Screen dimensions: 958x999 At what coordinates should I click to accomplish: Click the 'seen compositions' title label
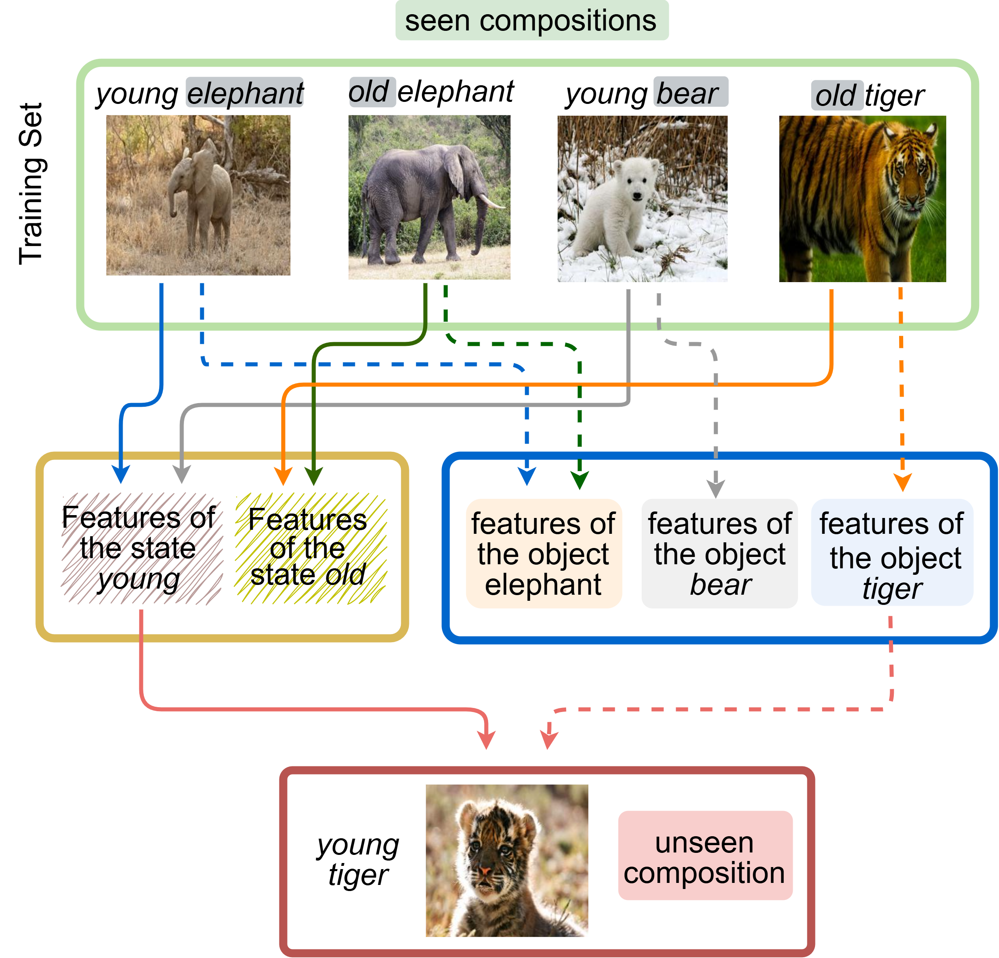[x=532, y=21]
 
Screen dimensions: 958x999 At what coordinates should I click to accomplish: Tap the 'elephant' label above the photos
[x=244, y=93]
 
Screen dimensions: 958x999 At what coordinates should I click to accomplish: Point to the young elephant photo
[x=198, y=195]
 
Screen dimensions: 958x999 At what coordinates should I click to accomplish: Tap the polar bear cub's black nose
[x=637, y=196]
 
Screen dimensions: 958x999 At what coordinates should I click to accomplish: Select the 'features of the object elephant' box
[x=543, y=553]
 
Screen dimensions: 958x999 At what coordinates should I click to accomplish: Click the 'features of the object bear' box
[x=719, y=553]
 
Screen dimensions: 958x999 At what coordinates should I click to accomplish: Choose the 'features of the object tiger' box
[x=892, y=553]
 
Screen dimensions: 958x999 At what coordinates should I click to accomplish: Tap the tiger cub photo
[x=507, y=860]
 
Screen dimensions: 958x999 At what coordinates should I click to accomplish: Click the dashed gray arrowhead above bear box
[x=716, y=489]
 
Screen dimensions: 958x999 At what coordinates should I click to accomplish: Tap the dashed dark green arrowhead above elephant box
[x=580, y=480]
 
